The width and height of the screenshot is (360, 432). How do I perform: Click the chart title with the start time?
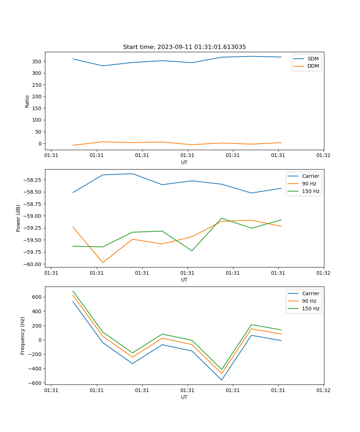coord(184,47)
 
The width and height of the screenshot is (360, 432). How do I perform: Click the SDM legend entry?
coord(313,59)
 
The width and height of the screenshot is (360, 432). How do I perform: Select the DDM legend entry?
coord(313,66)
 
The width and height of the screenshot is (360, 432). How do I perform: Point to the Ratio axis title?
coord(27,101)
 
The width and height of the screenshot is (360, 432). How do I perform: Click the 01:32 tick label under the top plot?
coord(323,156)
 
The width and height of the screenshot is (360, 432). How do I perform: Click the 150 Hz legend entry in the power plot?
coord(311,191)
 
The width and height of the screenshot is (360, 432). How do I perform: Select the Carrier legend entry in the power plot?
coord(311,176)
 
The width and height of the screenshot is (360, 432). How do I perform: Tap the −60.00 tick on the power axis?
coord(32,264)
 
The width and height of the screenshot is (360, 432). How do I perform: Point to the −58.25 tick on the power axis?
coord(32,180)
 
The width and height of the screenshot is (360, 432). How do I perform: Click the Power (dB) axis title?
coord(18,218)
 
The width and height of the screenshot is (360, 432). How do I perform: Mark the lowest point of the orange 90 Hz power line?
coord(103,262)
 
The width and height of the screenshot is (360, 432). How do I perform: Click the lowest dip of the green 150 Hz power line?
coord(192,251)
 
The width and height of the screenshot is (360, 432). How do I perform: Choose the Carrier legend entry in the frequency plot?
coord(311,293)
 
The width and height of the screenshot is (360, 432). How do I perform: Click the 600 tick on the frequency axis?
coord(37,297)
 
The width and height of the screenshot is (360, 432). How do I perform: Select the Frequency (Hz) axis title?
coord(23,336)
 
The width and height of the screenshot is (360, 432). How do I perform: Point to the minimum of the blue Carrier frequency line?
coord(222,380)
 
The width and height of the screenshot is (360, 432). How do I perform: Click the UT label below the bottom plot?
coord(184,397)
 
